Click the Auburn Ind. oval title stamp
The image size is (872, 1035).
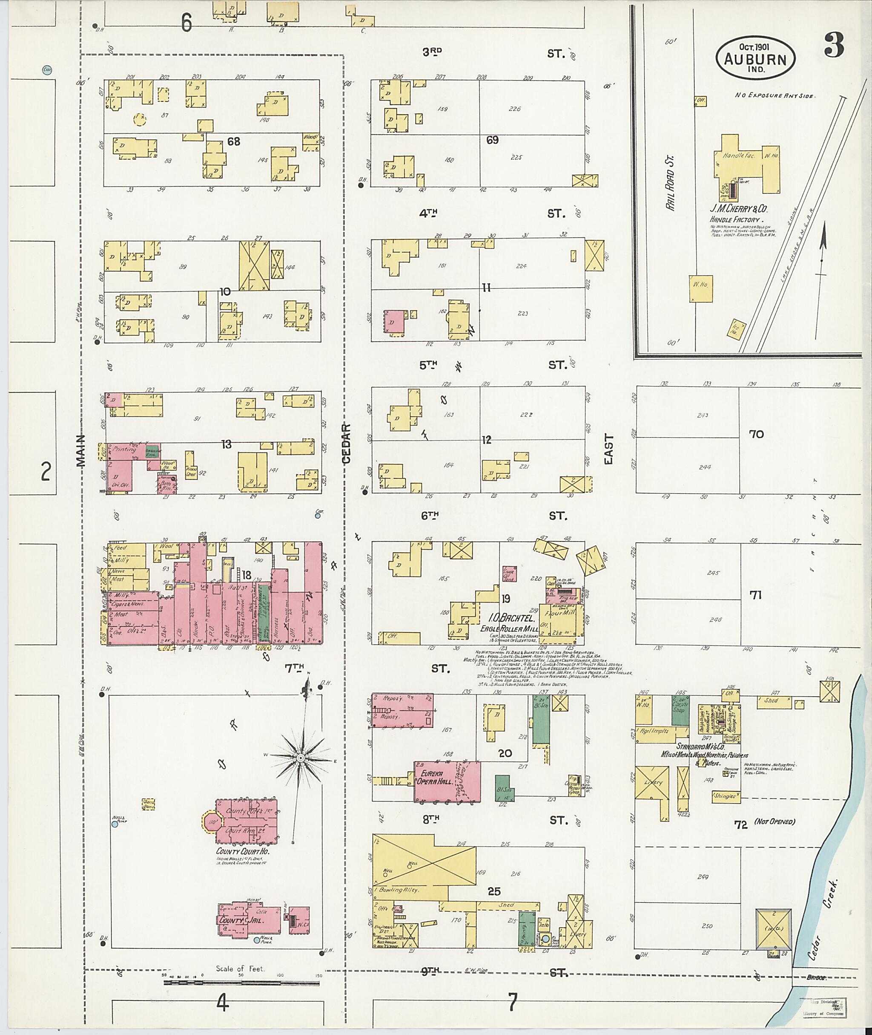coord(755,58)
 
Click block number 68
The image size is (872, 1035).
coord(233,141)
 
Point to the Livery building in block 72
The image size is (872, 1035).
coord(652,783)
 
